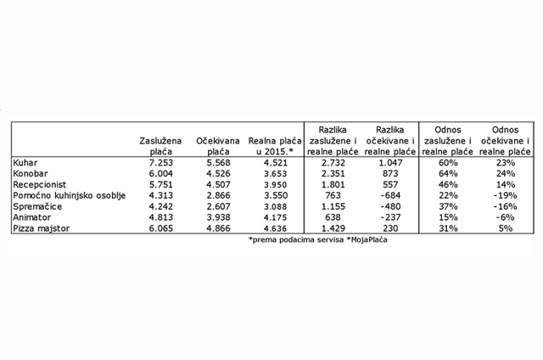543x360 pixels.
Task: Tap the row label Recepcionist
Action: (41, 184)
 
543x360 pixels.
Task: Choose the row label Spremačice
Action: (36, 207)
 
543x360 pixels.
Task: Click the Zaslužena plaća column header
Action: (160, 143)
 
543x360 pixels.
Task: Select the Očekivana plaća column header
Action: (215, 143)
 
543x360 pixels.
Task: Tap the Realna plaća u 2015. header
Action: (270, 143)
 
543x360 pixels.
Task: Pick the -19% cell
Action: (506, 196)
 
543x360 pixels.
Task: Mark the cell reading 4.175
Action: (270, 218)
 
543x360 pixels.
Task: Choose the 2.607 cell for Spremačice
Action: (215, 207)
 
